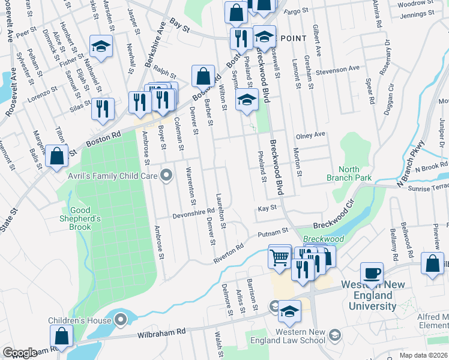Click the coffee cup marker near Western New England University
click(x=372, y=273)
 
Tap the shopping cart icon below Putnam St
click(x=280, y=257)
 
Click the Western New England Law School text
click(x=300, y=336)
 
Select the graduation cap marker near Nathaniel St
click(x=101, y=46)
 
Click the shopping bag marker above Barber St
click(x=203, y=76)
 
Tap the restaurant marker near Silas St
click(x=103, y=109)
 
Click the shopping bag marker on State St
click(x=56, y=156)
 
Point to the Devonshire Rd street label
click(x=193, y=212)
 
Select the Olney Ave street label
click(x=310, y=135)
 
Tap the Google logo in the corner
click(x=20, y=353)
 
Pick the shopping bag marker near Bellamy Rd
click(x=432, y=264)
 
